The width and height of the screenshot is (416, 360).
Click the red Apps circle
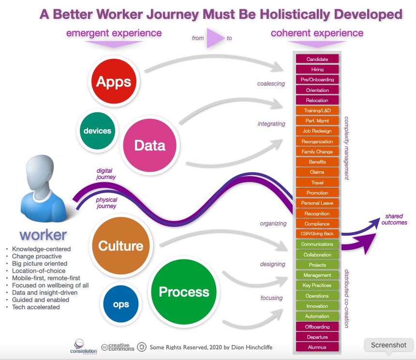[x=114, y=81]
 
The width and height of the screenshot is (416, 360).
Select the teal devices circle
[x=97, y=131]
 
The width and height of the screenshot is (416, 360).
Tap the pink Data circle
[x=150, y=145]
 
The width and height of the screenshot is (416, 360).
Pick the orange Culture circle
[x=120, y=246]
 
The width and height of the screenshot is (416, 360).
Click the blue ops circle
[x=121, y=304]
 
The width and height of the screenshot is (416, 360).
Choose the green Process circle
[x=184, y=292]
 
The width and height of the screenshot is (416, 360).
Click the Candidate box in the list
[x=317, y=59]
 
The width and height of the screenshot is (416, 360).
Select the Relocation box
[x=317, y=101]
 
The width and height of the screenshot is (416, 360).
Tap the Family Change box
[x=317, y=152]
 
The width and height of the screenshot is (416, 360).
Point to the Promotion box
[x=317, y=193]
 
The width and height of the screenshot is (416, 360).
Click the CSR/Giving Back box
[x=317, y=234]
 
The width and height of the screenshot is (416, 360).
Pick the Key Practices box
[x=317, y=285]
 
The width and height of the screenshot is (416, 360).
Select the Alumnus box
[x=317, y=347]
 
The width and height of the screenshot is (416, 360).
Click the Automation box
[x=317, y=316]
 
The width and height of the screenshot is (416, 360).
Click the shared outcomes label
[x=394, y=219]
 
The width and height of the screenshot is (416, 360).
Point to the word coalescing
[x=271, y=84]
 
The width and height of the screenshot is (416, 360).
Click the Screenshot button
[x=389, y=345]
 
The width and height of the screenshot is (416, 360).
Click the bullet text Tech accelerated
[x=36, y=307]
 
